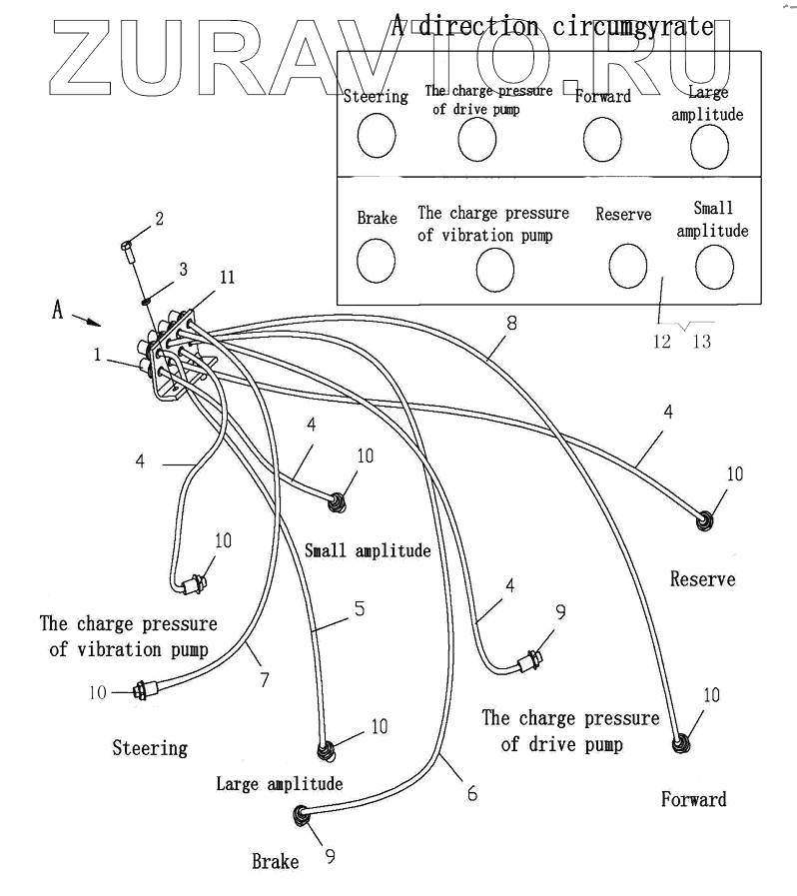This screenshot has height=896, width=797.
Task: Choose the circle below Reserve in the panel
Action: [628, 266]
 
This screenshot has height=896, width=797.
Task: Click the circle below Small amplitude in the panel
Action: [714, 266]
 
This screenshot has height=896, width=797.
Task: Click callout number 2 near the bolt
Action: [159, 218]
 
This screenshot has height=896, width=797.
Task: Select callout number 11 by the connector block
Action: [227, 278]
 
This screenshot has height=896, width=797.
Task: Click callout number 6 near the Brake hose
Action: [471, 795]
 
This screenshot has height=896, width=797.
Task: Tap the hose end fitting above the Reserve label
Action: [707, 519]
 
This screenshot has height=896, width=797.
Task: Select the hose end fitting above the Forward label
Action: [682, 743]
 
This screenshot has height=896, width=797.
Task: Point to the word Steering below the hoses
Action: [150, 747]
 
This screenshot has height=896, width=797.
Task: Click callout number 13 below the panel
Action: [701, 341]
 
